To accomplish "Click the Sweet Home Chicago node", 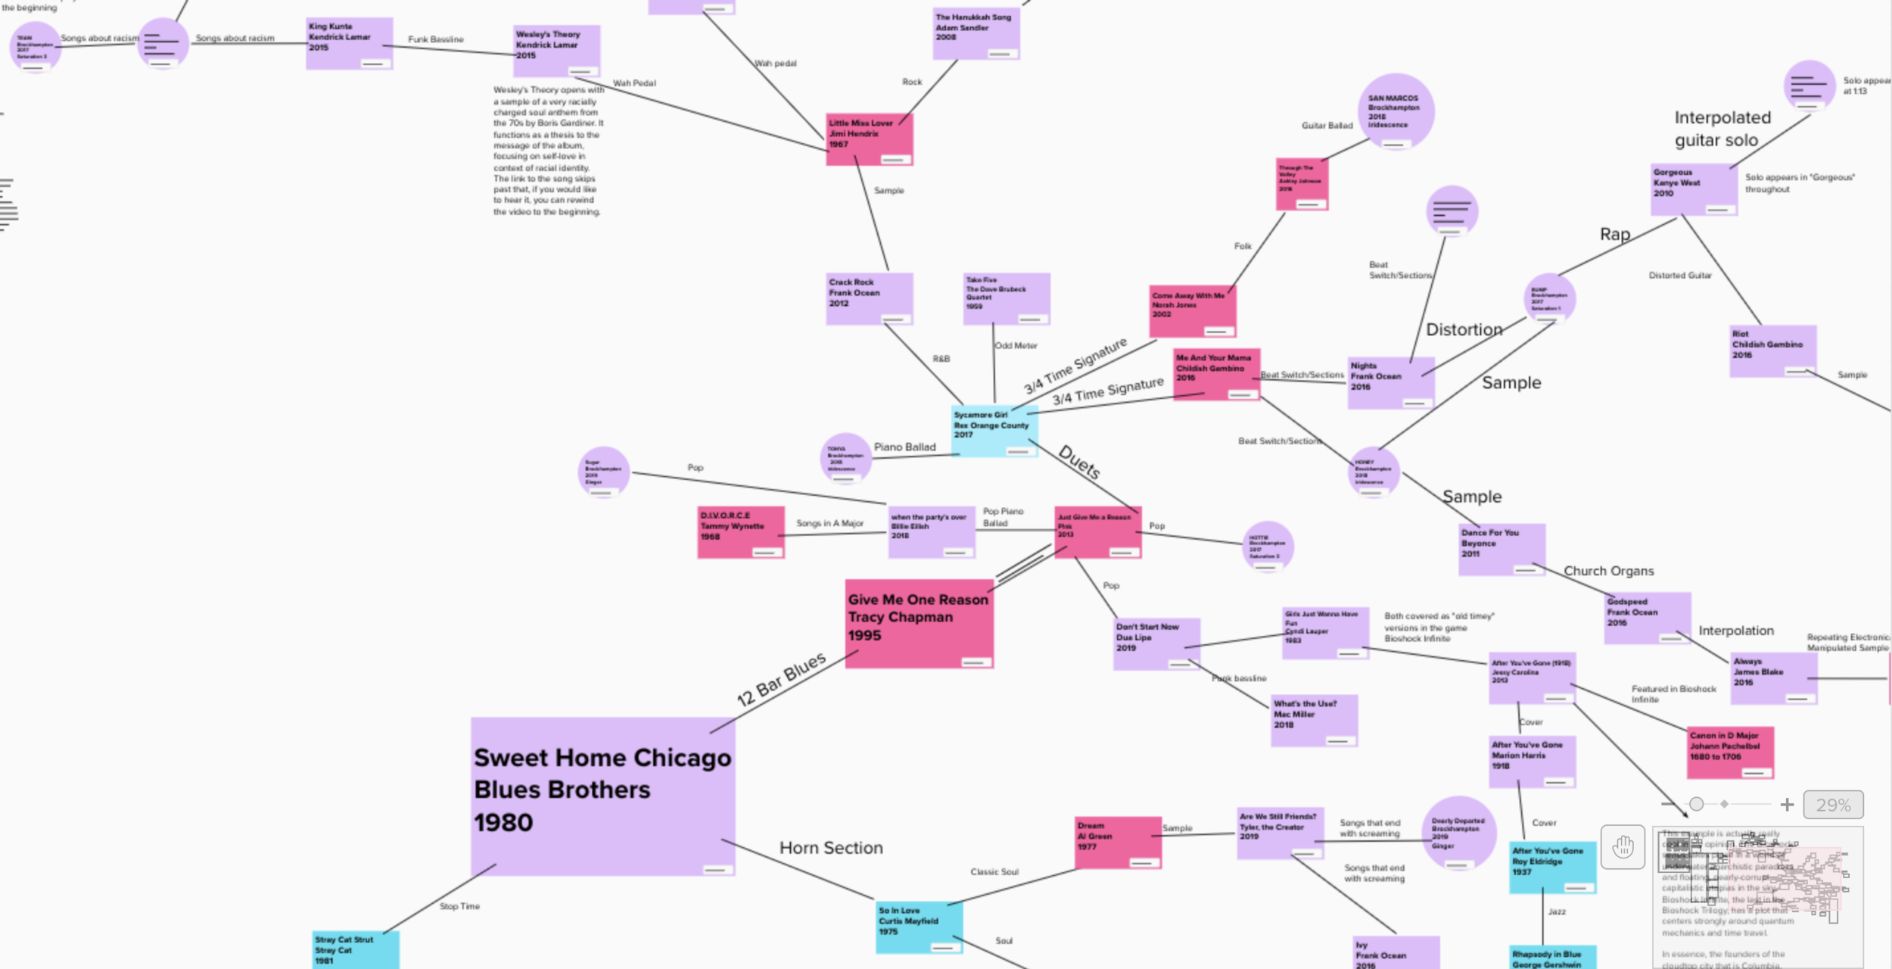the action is (x=602, y=796).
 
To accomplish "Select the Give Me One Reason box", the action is (x=919, y=623).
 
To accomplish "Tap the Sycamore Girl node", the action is (x=994, y=431).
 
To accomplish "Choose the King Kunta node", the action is (x=349, y=43).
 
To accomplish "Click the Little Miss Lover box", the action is (x=869, y=139).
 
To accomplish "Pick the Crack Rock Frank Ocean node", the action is (x=869, y=298).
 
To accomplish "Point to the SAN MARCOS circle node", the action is (x=1396, y=111).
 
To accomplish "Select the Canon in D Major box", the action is (x=1729, y=752).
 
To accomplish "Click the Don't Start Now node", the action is (x=1156, y=643).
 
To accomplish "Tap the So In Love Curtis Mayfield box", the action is (x=919, y=927).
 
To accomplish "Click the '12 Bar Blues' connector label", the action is (x=781, y=679).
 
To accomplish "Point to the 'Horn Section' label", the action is (x=831, y=848).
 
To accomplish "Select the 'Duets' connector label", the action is (x=1078, y=463).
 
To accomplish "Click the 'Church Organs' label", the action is (x=1608, y=571).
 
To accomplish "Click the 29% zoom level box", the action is (x=1832, y=805).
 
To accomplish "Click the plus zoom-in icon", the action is (x=1787, y=805).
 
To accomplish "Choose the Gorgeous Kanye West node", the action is (x=1693, y=189).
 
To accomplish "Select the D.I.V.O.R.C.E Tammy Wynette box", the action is (x=739, y=532).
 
